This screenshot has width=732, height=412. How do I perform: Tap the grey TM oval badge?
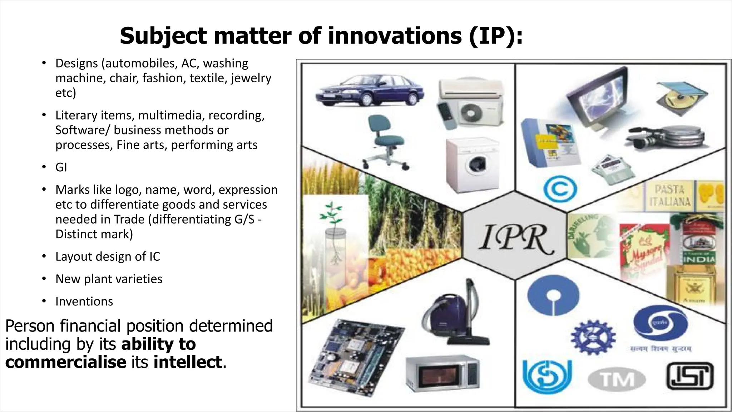point(617,379)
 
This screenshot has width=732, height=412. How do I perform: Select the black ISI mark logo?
point(689,376)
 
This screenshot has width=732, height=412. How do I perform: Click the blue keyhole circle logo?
point(553,295)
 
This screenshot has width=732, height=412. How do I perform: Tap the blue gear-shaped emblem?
point(593,336)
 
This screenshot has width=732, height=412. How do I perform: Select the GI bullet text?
point(61,167)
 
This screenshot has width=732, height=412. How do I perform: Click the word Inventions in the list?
point(84,301)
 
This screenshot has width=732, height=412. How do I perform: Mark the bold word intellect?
point(188,362)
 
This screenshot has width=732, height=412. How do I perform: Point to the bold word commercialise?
point(66,362)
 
